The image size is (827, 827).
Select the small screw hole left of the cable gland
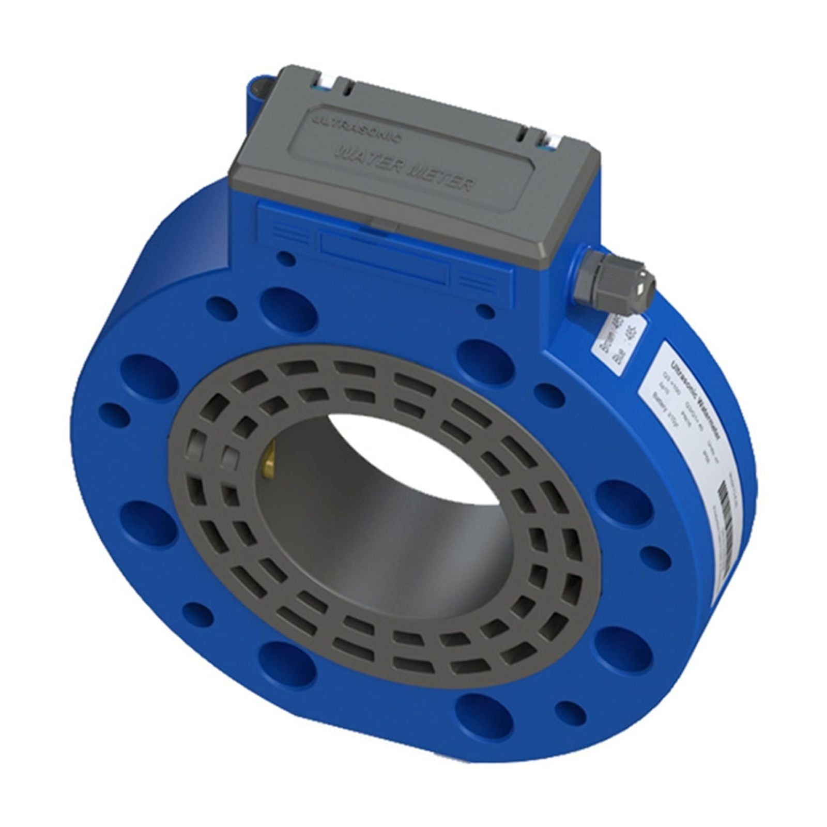(485, 311)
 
